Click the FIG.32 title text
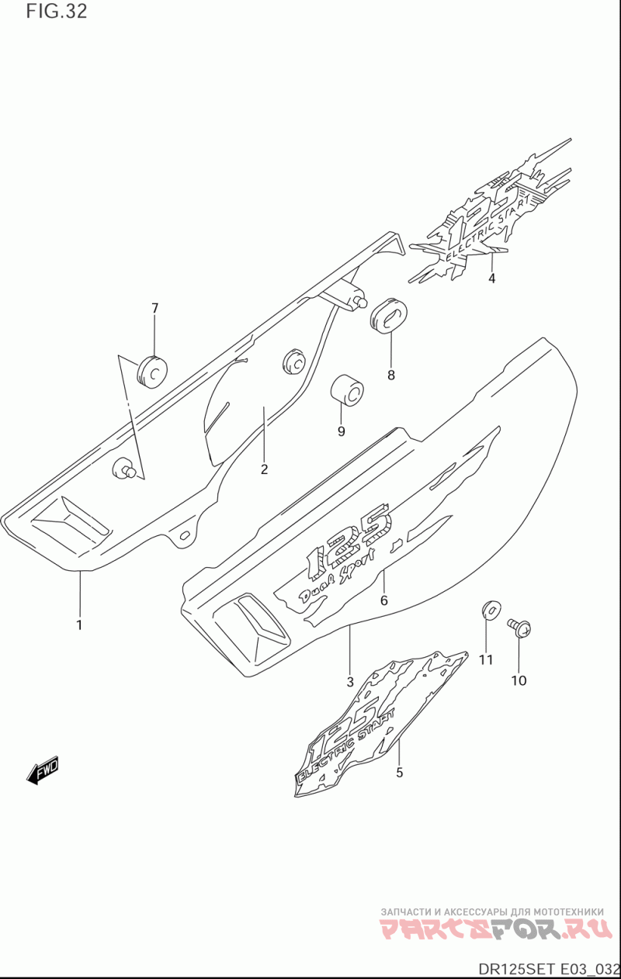click(x=56, y=12)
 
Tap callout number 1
click(x=79, y=624)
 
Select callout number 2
click(x=264, y=469)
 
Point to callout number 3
click(x=350, y=682)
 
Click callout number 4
click(x=492, y=278)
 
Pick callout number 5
click(x=400, y=772)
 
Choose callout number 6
click(x=383, y=600)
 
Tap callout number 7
click(x=154, y=308)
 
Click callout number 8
click(x=390, y=375)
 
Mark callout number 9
click(x=341, y=431)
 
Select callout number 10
click(x=519, y=680)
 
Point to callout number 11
click(x=486, y=659)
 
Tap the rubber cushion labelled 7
click(x=152, y=370)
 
